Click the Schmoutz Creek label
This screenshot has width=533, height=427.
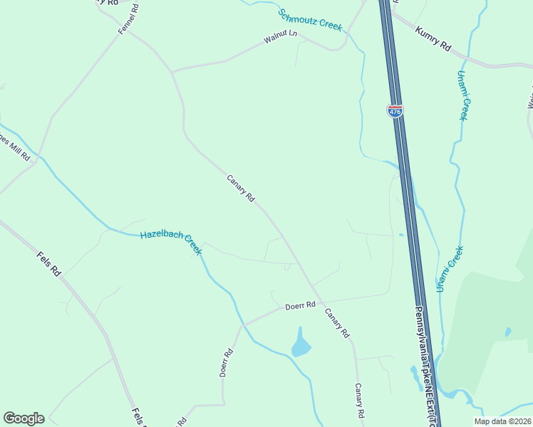tap(310, 19)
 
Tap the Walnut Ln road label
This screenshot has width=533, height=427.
tap(279, 38)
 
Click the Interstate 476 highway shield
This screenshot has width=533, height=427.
tap(395, 110)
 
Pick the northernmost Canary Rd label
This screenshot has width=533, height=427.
tap(241, 189)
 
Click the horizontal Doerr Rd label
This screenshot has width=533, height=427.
tap(300, 306)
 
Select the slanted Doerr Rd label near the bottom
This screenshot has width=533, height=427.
tap(227, 362)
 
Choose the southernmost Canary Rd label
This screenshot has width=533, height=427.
tap(360, 401)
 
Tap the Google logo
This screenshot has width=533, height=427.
tap(24, 418)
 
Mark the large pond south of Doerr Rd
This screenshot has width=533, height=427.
tap(301, 345)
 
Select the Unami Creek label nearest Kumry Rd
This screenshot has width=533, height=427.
tap(462, 95)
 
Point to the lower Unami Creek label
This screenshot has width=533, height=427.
tap(450, 268)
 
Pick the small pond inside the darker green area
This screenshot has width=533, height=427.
tap(507, 332)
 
